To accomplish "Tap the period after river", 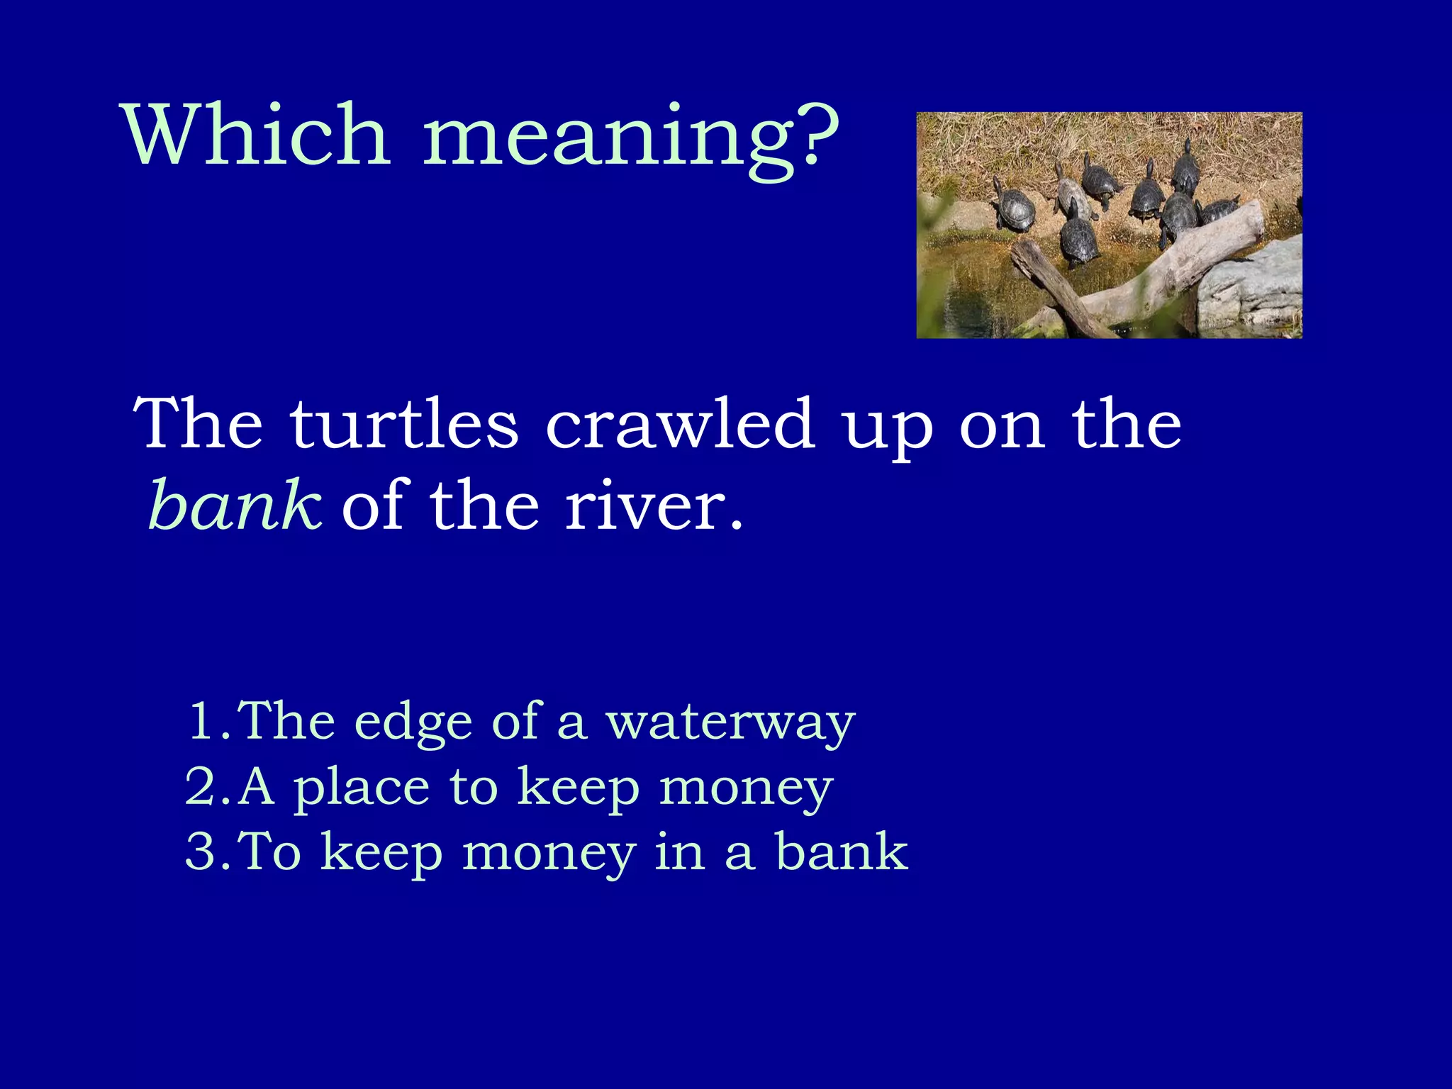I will tap(737, 525).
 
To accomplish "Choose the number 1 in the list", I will tap(203, 721).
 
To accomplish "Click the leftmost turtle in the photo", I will tap(1013, 208).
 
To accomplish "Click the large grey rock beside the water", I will tap(1251, 284).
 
